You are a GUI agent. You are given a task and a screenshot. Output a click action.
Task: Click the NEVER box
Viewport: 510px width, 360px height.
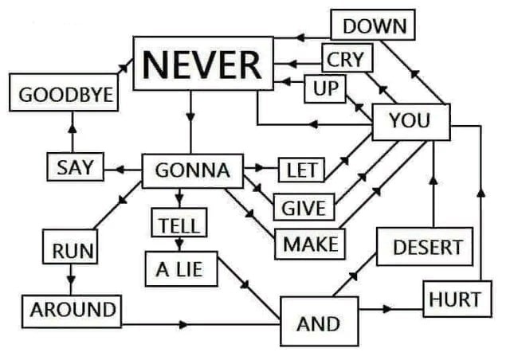click(203, 64)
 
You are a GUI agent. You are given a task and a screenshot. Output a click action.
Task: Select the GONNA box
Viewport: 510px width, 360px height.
click(193, 171)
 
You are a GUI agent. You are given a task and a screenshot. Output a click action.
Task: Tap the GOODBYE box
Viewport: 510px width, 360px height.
click(64, 92)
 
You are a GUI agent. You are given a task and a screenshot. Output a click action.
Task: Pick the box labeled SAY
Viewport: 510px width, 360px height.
click(76, 166)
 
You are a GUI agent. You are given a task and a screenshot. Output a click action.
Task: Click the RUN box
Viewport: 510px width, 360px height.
click(70, 247)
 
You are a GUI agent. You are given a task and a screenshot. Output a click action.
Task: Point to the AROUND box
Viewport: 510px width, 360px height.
click(72, 311)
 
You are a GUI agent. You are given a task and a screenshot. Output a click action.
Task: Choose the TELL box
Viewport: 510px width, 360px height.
click(179, 222)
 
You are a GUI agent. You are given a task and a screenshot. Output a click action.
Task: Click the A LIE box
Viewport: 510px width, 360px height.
click(181, 269)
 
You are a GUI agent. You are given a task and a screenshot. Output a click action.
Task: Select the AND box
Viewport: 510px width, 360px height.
click(320, 321)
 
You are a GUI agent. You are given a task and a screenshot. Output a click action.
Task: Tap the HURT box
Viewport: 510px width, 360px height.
click(457, 299)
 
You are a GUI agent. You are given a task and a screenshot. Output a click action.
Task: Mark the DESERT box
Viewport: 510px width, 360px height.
click(425, 247)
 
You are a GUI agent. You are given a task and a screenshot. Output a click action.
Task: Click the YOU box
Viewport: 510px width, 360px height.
click(411, 123)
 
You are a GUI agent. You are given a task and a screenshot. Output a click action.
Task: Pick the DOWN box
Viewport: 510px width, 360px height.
click(373, 25)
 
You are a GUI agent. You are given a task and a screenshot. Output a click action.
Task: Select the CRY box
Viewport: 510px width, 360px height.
click(347, 58)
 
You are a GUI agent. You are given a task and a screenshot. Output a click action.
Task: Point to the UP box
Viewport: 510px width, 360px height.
click(325, 88)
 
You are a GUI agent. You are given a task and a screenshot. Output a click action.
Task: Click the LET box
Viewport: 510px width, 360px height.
click(301, 170)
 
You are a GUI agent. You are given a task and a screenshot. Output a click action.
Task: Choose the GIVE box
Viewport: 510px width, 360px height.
click(304, 207)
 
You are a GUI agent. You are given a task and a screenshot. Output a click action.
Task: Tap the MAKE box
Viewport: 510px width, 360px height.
click(310, 245)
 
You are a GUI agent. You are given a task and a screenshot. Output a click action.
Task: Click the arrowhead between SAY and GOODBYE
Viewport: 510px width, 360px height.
click(73, 128)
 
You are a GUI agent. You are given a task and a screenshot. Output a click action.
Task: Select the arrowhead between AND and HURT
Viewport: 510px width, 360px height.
click(387, 309)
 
